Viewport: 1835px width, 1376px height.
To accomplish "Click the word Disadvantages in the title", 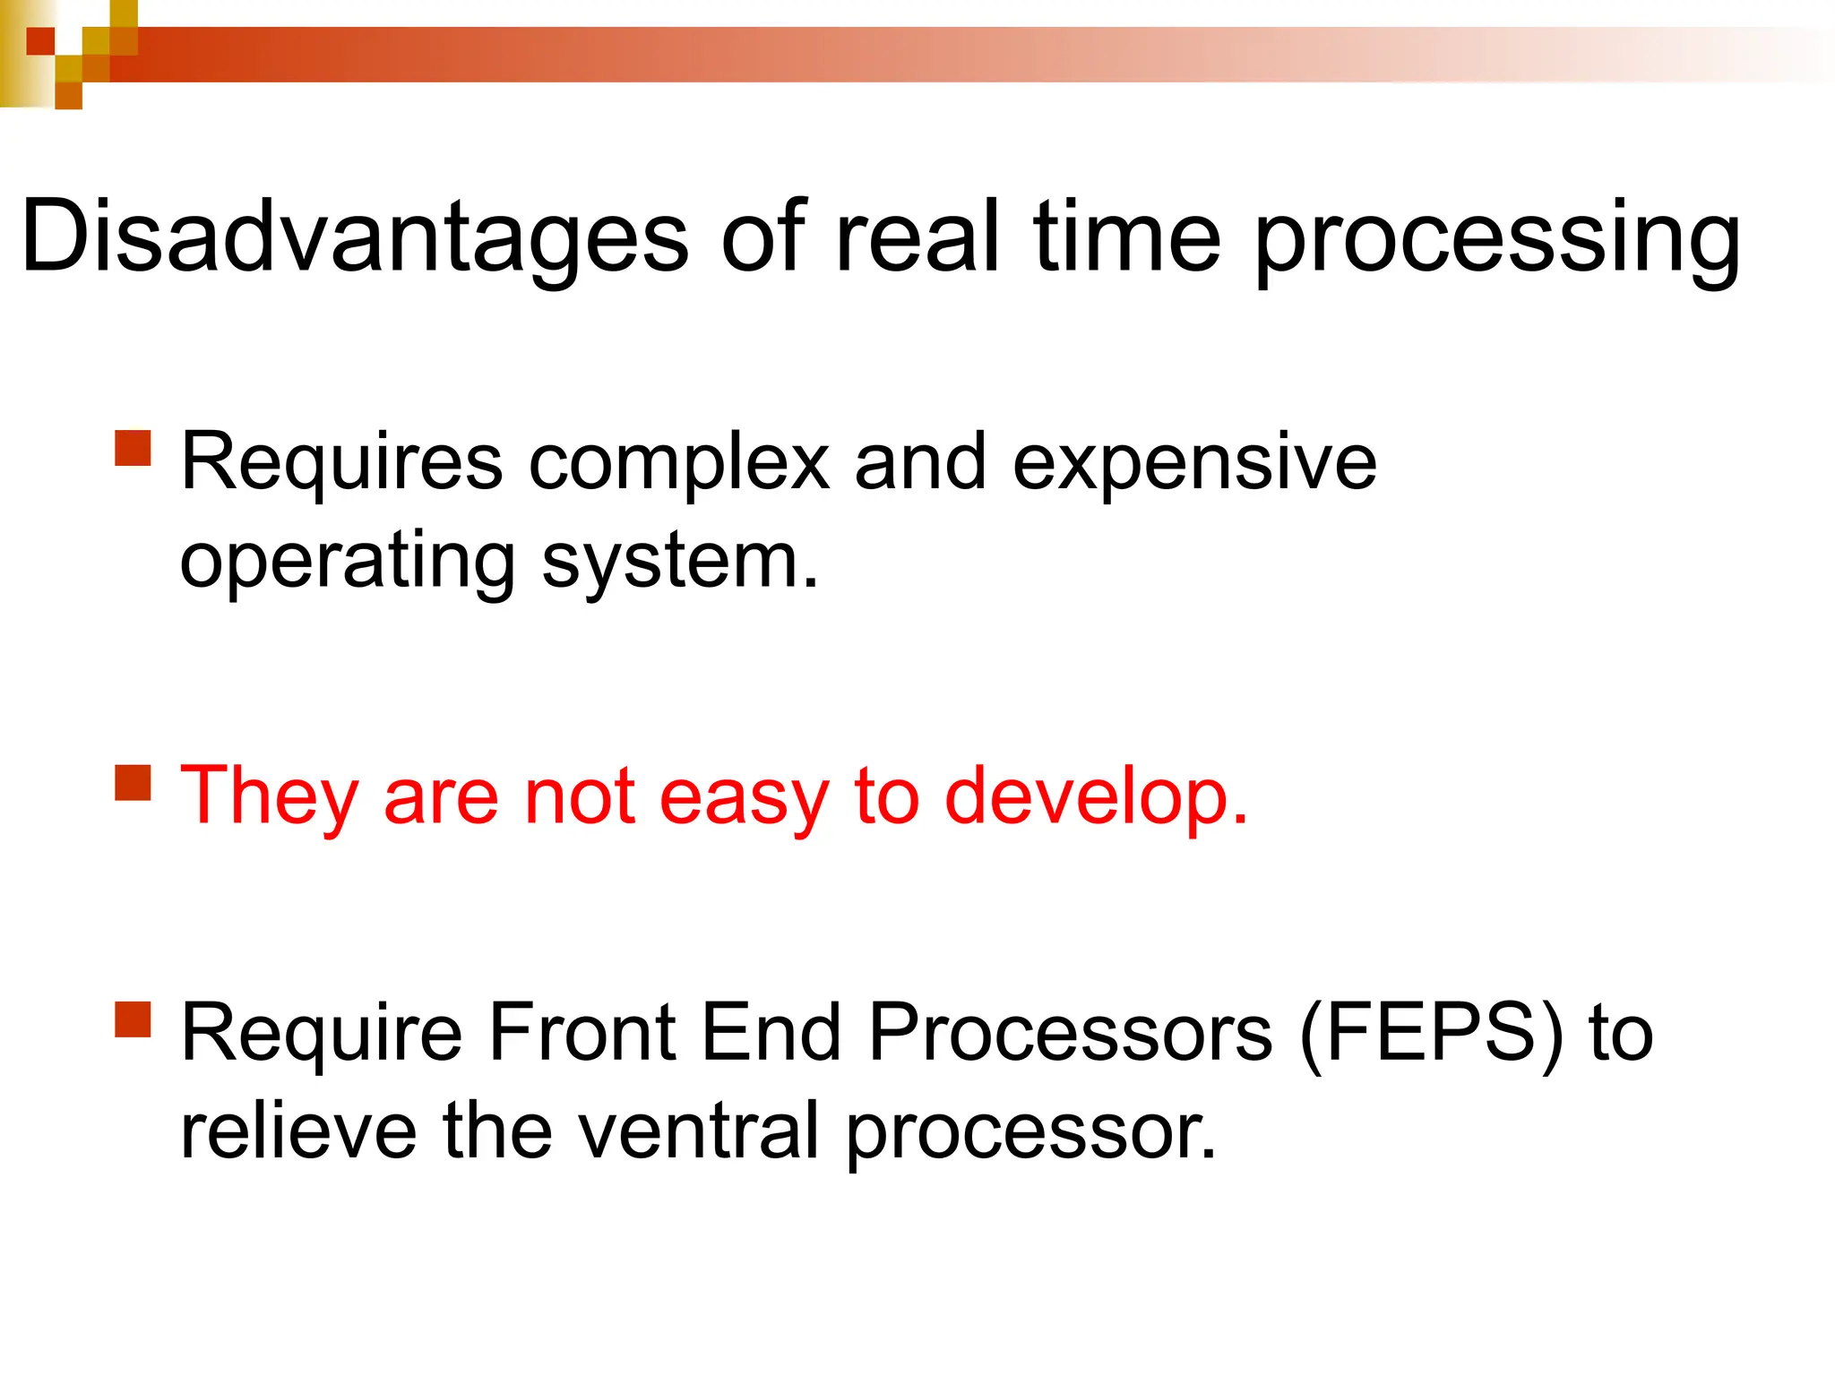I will tap(354, 237).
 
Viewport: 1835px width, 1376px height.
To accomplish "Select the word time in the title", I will tap(1126, 237).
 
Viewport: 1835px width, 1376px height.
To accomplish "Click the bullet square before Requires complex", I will tap(134, 448).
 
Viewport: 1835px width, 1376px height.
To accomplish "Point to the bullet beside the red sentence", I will tap(134, 782).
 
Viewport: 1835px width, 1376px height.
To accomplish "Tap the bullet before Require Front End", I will tap(134, 1019).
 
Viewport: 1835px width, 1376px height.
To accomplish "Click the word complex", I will tap(678, 464).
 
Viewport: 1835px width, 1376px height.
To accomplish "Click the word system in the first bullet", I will tap(679, 563).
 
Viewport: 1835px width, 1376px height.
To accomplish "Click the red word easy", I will tap(744, 797).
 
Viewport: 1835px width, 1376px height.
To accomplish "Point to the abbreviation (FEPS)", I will tap(1430, 1033).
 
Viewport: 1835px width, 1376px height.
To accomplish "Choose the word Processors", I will tap(1070, 1033).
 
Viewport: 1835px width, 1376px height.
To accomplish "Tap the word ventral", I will tap(699, 1131).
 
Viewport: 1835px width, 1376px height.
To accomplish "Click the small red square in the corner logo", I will tap(40, 41).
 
